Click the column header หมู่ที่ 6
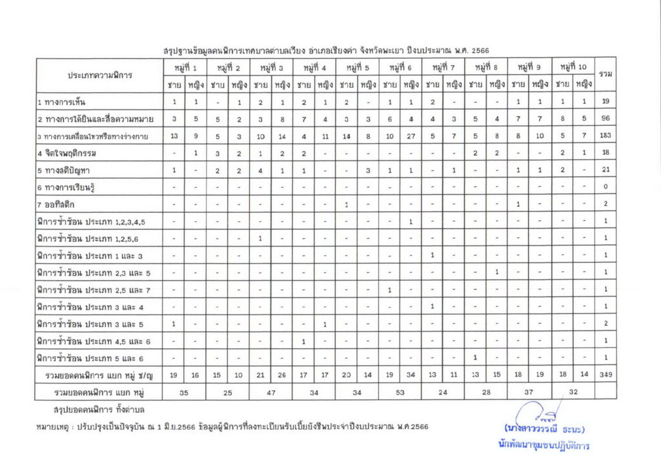click(x=400, y=68)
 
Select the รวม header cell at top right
click(x=605, y=75)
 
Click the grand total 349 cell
click(x=605, y=375)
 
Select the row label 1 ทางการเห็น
click(x=62, y=103)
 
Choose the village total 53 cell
click(x=400, y=392)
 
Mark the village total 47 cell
click(x=271, y=392)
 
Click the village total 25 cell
click(x=228, y=392)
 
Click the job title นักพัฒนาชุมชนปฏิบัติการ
click(x=544, y=446)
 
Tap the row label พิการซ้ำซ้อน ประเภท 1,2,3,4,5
click(x=91, y=221)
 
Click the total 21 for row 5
click(x=605, y=170)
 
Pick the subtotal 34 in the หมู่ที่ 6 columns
click(x=411, y=375)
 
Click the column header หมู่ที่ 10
click(x=573, y=68)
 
